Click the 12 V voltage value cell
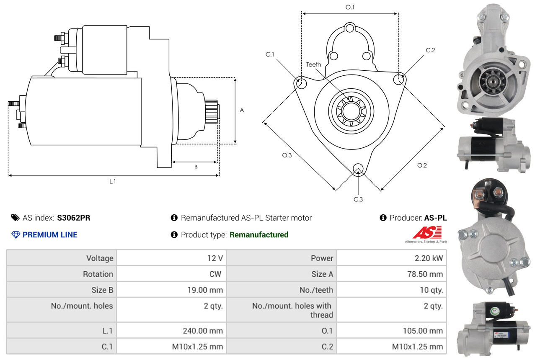point(215,258)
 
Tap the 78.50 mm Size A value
point(424,274)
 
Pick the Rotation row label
point(98,274)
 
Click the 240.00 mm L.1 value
point(202,331)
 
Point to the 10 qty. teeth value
point(431,290)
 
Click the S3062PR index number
point(74,218)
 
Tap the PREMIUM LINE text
point(50,235)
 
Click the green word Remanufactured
point(259,235)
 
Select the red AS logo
point(427,232)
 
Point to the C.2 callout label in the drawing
point(430,50)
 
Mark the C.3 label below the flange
point(358,199)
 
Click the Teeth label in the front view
point(313,64)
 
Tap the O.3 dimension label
point(287,155)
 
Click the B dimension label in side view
point(196,167)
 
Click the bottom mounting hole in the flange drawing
point(358,168)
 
